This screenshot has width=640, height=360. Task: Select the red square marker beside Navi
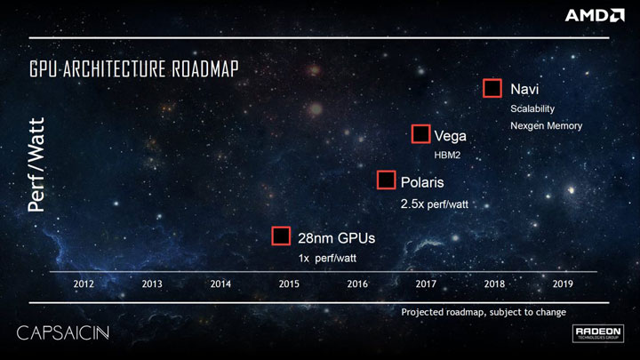[492, 88]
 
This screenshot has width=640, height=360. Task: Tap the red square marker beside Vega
[421, 134]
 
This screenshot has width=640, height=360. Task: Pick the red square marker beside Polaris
[386, 180]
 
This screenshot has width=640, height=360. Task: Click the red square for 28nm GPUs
[281, 236]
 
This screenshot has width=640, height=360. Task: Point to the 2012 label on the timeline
[84, 284]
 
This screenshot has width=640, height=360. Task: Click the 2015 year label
[288, 284]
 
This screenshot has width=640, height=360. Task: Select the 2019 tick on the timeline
[562, 284]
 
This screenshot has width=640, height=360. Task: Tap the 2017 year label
[425, 284]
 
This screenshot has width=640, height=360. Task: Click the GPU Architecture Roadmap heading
[134, 68]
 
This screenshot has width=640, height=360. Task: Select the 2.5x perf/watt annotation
[435, 204]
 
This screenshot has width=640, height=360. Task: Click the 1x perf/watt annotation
[332, 258]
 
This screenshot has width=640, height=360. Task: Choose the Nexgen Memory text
[546, 125]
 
